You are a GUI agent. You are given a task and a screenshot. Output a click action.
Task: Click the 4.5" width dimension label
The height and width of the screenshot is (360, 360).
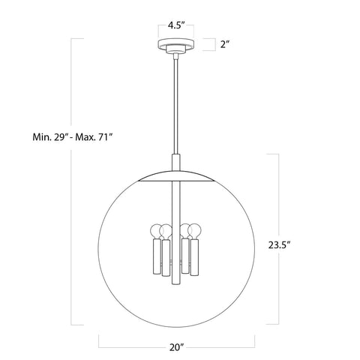177,25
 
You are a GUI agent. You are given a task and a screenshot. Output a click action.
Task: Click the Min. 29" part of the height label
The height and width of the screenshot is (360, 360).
50,136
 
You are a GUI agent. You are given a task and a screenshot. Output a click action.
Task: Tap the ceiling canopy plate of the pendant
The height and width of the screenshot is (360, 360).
177,44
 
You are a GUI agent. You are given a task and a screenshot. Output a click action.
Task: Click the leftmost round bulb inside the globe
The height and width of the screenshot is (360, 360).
158,230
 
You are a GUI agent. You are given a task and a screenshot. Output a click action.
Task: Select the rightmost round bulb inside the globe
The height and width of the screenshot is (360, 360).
197,230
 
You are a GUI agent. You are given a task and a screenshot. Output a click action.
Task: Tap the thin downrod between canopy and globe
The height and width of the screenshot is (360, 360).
178,105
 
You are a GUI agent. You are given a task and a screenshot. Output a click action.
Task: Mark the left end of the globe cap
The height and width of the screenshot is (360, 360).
139,181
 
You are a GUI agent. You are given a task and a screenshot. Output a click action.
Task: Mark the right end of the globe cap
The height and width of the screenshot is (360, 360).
216,181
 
